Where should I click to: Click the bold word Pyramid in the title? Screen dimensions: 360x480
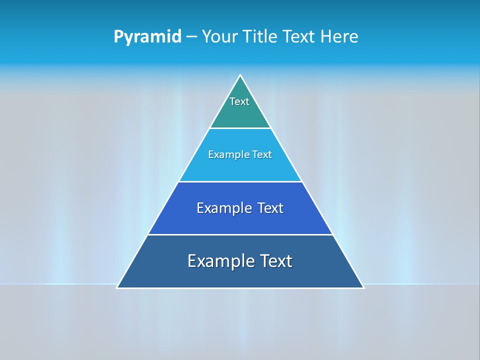click(147, 36)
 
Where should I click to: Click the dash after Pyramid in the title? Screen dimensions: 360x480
click(191, 37)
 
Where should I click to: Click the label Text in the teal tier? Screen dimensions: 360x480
click(239, 101)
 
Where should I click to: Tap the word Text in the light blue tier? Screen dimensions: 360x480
click(261, 154)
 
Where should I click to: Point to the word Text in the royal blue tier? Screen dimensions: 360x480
click(270, 208)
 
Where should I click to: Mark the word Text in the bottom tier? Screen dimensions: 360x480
click(276, 261)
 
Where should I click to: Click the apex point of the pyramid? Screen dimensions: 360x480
click(240, 76)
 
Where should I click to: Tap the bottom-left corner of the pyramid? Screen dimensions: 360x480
click(117, 287)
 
